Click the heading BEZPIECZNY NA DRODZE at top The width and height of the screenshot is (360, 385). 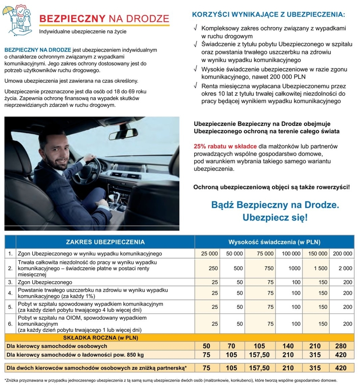104,19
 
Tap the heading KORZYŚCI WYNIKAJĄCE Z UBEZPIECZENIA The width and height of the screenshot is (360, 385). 268,15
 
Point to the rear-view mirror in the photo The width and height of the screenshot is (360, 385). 123,134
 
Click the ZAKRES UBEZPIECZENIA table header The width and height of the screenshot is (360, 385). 105,242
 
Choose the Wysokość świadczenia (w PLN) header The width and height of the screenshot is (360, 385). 274,242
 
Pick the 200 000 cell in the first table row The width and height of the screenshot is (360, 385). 342,254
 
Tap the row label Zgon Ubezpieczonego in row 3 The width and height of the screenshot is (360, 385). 45,282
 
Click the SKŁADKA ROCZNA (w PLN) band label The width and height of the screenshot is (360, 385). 100,337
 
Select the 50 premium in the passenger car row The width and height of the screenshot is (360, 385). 206,346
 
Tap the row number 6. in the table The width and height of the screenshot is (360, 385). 10,324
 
